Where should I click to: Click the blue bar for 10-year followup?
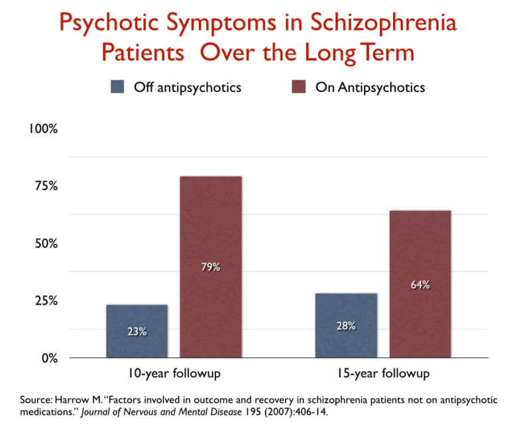tap(137, 331)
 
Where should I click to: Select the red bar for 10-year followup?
tap(211, 267)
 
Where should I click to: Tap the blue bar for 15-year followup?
tap(346, 325)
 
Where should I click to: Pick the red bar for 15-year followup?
tap(420, 284)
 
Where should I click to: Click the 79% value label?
tap(211, 267)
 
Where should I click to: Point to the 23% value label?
tap(137, 332)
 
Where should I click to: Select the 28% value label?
tap(346, 326)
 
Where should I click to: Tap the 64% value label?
tap(420, 285)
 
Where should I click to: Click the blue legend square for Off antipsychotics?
tap(117, 87)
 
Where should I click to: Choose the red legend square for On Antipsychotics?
tap(299, 87)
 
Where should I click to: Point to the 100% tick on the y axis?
tap(43, 129)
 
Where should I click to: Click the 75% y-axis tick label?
tap(46, 186)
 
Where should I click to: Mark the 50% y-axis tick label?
tap(46, 243)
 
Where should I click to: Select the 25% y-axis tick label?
tap(46, 301)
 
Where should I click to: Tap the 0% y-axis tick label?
tap(50, 358)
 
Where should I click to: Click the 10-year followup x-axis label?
tap(174, 374)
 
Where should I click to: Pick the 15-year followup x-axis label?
tap(383, 374)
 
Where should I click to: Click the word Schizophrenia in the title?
tap(383, 23)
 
